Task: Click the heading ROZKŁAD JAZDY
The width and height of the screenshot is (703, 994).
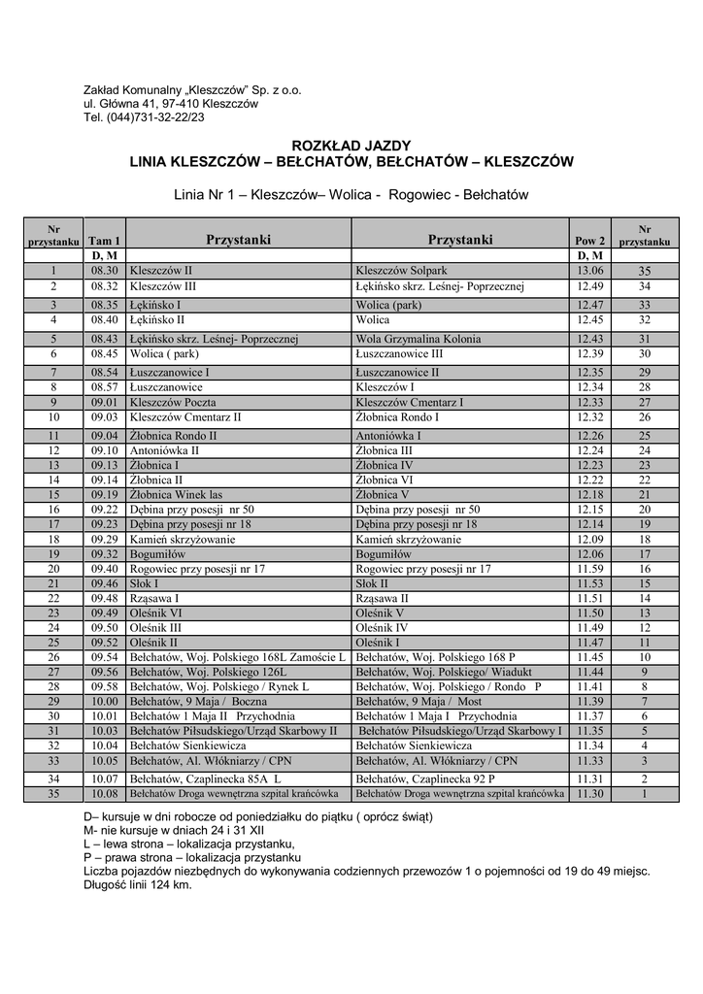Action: coord(351,145)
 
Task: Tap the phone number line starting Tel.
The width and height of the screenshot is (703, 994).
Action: coord(144,117)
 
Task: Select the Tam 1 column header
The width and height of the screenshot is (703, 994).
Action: coord(104,240)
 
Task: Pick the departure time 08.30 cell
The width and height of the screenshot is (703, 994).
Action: coord(104,271)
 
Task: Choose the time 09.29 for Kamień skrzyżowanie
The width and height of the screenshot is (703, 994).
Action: coord(104,539)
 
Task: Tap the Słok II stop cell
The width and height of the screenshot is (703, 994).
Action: coord(372,583)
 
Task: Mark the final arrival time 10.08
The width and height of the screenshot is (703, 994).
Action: coord(104,793)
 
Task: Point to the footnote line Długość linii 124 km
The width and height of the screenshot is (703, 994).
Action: coord(138,884)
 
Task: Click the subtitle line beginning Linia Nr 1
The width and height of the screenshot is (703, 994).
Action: coord(351,195)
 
